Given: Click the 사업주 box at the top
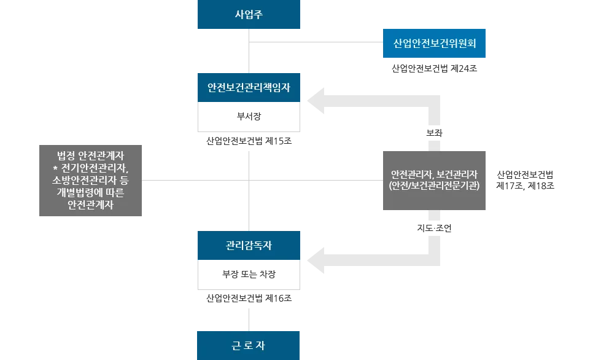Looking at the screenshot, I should tap(250, 14).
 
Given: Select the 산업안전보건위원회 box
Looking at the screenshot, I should tap(434, 44).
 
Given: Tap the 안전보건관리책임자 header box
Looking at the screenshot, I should tap(250, 88).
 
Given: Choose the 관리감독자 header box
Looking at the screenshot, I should tap(250, 246).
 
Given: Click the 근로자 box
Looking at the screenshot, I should tap(248, 345).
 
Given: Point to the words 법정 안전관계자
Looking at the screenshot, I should tap(91, 155).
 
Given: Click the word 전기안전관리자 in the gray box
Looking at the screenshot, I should tap(94, 167).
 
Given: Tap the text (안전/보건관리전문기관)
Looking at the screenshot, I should tap(434, 186).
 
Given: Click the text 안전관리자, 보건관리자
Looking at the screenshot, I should tap(434, 173).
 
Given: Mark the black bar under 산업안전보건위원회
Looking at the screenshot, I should tap(434, 69).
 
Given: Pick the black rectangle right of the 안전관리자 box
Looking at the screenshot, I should tap(525, 179).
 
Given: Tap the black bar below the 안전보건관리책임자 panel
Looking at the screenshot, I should tap(250, 142).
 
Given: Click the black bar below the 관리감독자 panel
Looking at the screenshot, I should tap(250, 299).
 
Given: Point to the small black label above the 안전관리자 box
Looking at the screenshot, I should tap(434, 133).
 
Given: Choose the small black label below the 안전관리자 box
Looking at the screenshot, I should tap(434, 228).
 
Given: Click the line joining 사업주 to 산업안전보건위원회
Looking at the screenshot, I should tap(316, 42).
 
